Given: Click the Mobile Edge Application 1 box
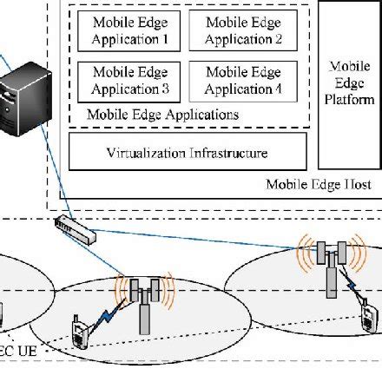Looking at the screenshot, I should click(128, 30).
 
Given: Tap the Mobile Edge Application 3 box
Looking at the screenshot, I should click(128, 81).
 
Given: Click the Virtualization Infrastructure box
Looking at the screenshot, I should click(188, 152).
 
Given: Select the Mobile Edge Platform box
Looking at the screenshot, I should click(352, 83).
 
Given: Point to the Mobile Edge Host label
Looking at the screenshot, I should click(319, 185).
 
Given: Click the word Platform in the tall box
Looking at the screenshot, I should click(352, 100).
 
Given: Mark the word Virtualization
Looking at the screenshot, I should click(147, 153).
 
